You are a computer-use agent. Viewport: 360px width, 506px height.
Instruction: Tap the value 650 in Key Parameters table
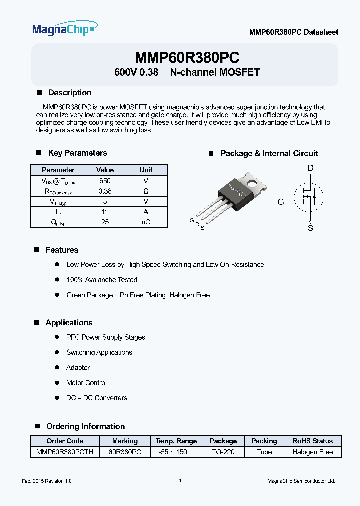(x=105, y=181)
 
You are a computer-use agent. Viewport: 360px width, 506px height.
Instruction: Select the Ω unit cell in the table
(x=146, y=191)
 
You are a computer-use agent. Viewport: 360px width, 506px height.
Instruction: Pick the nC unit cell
(x=146, y=222)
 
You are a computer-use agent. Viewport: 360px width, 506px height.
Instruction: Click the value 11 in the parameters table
(x=105, y=212)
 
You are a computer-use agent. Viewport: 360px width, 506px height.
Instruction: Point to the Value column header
(x=105, y=170)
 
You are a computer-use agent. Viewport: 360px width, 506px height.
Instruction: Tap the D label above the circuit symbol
(x=311, y=169)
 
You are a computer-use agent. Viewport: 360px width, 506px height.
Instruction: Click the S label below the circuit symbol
(x=311, y=228)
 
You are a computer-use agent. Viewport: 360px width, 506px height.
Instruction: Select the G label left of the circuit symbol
(x=281, y=202)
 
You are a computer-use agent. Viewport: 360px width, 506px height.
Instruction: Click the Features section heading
(x=62, y=250)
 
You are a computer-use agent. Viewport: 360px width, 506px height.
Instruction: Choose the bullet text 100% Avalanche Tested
(x=102, y=280)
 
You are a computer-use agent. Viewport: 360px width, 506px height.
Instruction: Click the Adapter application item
(x=78, y=367)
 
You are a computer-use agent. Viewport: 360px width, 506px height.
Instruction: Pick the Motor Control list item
(x=86, y=383)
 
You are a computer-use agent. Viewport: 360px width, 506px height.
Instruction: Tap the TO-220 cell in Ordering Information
(x=223, y=452)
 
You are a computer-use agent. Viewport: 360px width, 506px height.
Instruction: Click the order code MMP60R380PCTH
(x=65, y=452)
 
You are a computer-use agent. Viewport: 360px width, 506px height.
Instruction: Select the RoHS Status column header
(x=313, y=441)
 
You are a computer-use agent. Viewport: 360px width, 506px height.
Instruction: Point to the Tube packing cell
(x=264, y=452)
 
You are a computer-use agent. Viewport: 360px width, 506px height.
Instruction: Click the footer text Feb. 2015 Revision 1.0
(x=47, y=481)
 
